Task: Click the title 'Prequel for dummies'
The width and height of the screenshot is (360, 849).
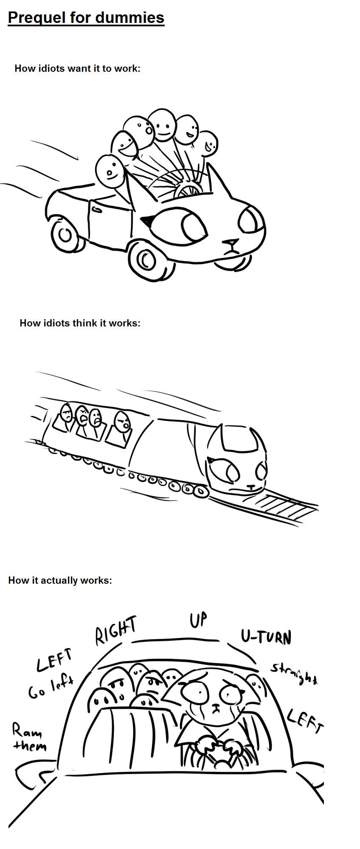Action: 86,17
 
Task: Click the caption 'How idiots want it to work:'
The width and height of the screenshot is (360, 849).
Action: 77,68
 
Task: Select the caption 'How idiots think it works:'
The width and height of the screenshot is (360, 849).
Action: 80,323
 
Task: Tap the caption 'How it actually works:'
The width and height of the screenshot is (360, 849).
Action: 60,580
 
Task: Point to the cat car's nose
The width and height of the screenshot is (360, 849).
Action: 232,243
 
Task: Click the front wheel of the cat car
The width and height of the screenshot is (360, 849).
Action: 146,259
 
